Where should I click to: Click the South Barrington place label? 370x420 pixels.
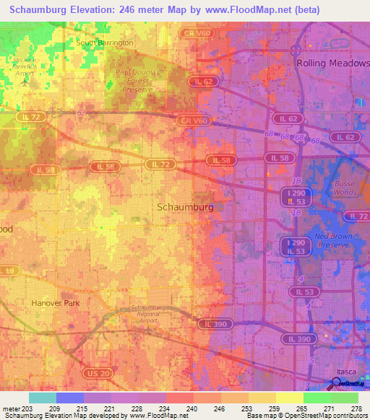105,43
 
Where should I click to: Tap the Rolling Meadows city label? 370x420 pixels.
332,64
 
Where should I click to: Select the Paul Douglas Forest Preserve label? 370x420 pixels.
142,82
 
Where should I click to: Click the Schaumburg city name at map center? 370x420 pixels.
185,207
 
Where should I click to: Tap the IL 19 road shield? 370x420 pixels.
7,271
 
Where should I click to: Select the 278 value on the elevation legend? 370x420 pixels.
357,408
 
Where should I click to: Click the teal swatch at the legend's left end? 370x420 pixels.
43,398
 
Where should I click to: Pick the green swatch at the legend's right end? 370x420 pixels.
344,398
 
